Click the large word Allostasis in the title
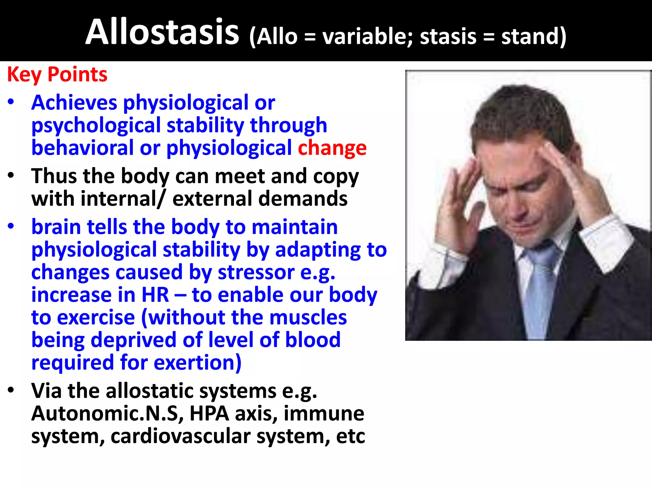coord(162,32)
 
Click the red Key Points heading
coord(57,74)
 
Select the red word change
coord(332,148)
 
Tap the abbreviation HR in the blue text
coord(155,294)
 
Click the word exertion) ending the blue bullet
coord(198,363)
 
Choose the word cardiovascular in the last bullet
coord(181,436)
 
